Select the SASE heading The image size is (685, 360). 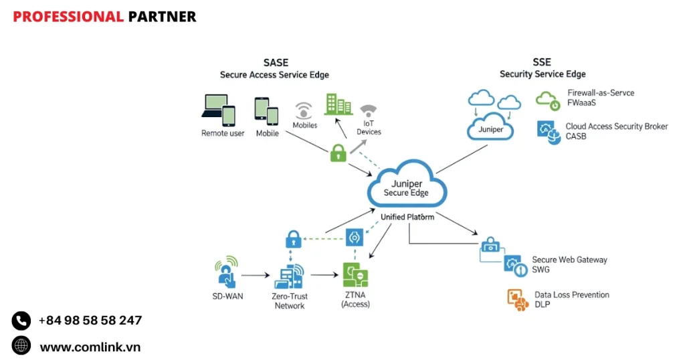point(276,63)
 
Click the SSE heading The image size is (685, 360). point(543,62)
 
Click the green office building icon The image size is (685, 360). point(338,104)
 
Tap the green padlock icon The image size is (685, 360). point(338,153)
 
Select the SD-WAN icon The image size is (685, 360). point(226,272)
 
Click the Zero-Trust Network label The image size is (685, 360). point(289,301)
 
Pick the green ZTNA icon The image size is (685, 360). point(355,274)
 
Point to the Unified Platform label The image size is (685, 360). point(407,217)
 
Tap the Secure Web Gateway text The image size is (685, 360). point(569,260)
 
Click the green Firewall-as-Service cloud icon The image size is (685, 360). point(548,100)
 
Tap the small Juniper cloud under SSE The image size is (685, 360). point(491,128)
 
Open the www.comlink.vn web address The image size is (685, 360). point(90,347)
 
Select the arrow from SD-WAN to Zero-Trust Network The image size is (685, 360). point(254,275)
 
